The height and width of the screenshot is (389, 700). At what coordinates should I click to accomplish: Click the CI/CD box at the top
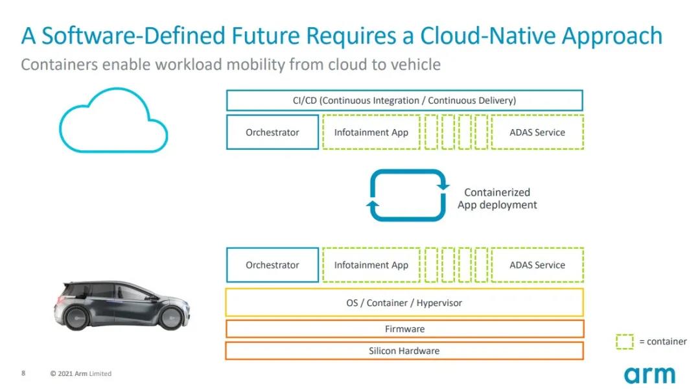pyautogui.click(x=404, y=100)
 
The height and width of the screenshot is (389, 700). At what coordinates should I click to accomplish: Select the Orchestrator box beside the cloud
pyautogui.click(x=272, y=132)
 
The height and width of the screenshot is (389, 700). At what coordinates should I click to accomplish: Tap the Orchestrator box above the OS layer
pyautogui.click(x=272, y=265)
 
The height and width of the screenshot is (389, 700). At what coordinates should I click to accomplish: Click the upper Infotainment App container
pyautogui.click(x=371, y=132)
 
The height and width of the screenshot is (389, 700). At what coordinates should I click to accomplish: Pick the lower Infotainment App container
pyautogui.click(x=371, y=265)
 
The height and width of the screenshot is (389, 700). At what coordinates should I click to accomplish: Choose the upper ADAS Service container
pyautogui.click(x=537, y=132)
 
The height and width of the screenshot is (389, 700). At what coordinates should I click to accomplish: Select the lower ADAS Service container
pyautogui.click(x=537, y=265)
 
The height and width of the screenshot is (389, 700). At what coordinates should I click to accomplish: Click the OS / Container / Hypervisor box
pyautogui.click(x=404, y=303)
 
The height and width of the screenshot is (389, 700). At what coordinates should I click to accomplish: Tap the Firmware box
pyautogui.click(x=404, y=329)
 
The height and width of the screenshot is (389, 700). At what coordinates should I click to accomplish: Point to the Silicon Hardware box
pyautogui.click(x=404, y=351)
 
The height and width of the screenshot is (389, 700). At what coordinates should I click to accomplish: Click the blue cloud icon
pyautogui.click(x=113, y=122)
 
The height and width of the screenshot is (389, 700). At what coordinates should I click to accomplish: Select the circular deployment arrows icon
pyautogui.click(x=408, y=195)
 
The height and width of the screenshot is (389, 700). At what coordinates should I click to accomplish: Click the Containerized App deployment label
pyautogui.click(x=497, y=198)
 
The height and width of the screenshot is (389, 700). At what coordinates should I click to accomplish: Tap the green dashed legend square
pyautogui.click(x=624, y=342)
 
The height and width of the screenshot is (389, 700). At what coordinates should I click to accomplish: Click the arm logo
pyautogui.click(x=649, y=375)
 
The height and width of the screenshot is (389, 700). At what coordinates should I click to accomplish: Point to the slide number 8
pyautogui.click(x=23, y=373)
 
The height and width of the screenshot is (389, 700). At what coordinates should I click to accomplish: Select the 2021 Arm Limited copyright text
pyautogui.click(x=81, y=373)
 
